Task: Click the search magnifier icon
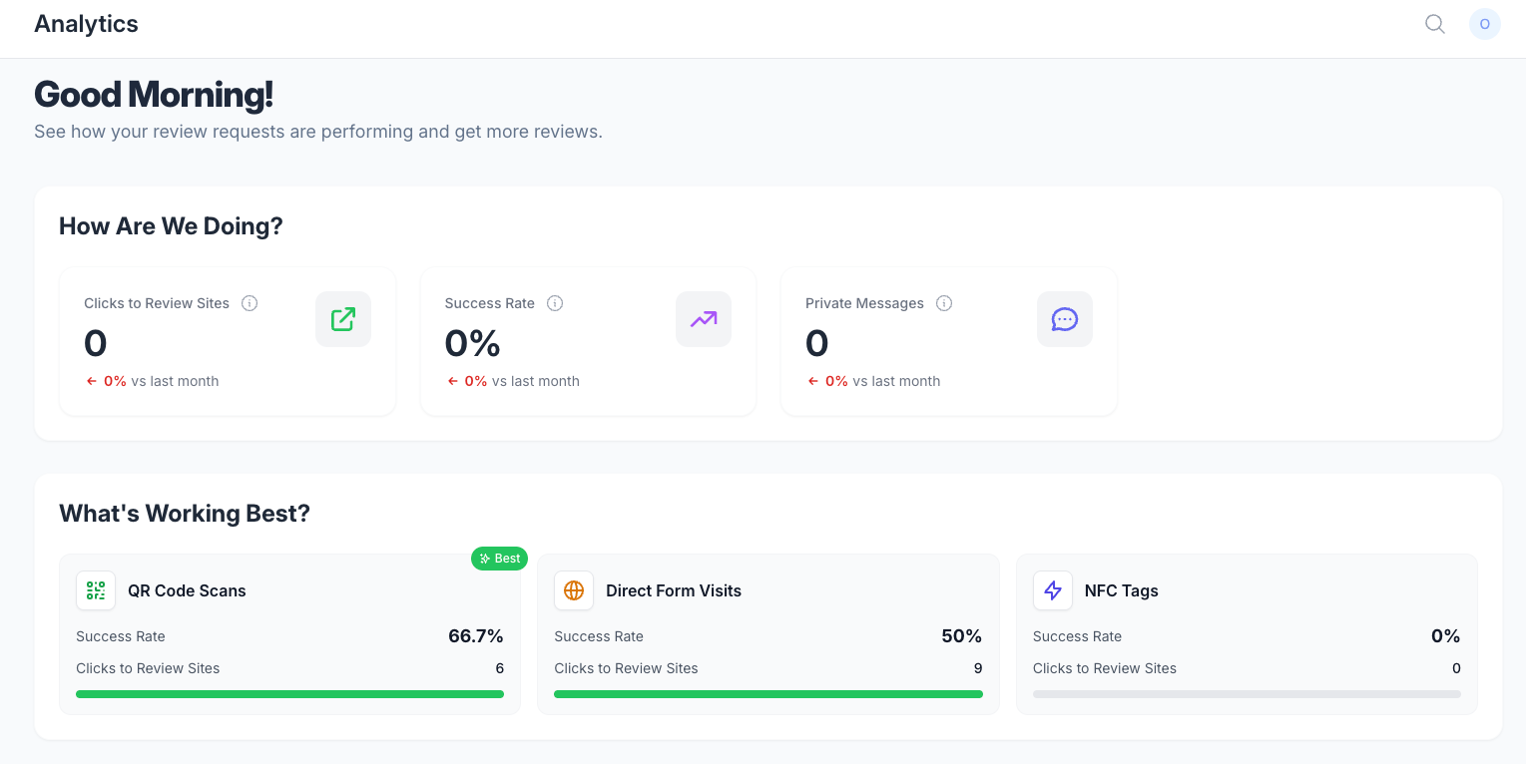[1435, 25]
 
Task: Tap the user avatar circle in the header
[1484, 25]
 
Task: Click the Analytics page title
[86, 24]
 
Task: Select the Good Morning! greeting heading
[154, 94]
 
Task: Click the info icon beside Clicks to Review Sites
[250, 303]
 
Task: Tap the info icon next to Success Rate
[555, 303]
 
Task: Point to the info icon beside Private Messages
[943, 303]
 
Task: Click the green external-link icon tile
[343, 319]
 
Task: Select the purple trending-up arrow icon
[704, 319]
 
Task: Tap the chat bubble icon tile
[1065, 319]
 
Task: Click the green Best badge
[499, 559]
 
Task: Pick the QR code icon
[96, 590]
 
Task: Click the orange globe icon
[574, 590]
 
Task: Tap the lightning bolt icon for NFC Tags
[1053, 590]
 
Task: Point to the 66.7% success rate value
[475, 636]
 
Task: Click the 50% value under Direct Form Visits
[961, 636]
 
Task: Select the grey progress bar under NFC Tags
[1247, 694]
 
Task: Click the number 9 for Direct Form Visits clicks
[978, 668]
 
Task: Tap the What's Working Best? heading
[185, 514]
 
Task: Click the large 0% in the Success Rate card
[473, 342]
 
